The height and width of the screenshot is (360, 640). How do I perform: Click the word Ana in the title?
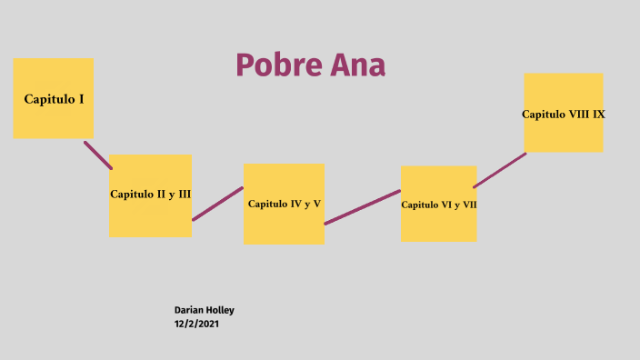[x=357, y=65]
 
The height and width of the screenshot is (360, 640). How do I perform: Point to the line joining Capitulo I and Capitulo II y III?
[x=98, y=155]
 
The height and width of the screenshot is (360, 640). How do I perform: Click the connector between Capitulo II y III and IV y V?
[x=218, y=204]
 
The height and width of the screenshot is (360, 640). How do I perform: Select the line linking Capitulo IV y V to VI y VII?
[x=363, y=207]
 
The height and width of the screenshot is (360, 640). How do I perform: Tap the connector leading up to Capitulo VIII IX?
[x=500, y=170]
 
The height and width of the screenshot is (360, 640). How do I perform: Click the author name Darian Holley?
[x=205, y=310]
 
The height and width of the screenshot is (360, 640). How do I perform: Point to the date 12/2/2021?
[x=196, y=324]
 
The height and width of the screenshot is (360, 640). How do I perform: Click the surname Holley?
[x=220, y=310]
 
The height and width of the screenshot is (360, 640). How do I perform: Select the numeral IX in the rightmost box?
[x=599, y=115]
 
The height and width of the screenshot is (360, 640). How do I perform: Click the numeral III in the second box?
[x=184, y=194]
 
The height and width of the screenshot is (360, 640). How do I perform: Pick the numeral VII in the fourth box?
[x=468, y=205]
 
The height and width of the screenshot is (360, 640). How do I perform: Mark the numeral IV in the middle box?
[x=296, y=204]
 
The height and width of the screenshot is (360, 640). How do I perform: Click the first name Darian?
[x=189, y=310]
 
